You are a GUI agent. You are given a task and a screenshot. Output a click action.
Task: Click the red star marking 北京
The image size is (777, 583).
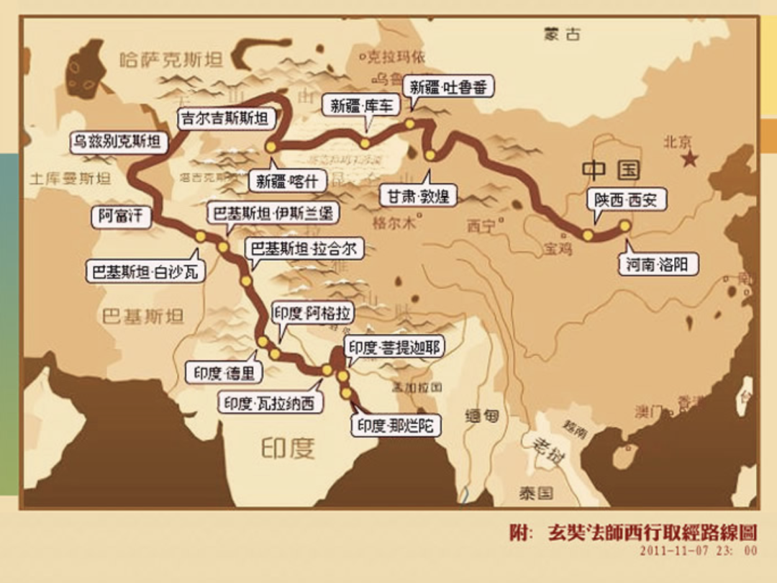pos(690,159)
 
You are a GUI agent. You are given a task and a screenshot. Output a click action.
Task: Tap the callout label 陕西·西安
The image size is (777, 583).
pos(626,199)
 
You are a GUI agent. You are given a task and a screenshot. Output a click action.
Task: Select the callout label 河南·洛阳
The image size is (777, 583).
pos(657,265)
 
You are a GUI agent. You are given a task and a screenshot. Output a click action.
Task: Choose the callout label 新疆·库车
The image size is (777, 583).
pos(363,105)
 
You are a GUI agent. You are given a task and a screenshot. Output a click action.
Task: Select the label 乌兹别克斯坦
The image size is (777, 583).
pos(117,142)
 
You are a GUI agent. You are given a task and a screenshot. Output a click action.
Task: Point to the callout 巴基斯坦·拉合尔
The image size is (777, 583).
pos(304,249)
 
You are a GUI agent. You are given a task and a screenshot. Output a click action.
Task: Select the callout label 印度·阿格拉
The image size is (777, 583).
pos(312,313)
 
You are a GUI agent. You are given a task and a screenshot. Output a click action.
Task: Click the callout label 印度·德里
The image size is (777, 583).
pos(224,373)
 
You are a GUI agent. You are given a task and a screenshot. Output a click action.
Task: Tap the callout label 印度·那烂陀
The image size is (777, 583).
pos(396,425)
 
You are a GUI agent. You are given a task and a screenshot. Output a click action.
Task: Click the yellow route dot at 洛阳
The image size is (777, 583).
pos(624,225)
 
